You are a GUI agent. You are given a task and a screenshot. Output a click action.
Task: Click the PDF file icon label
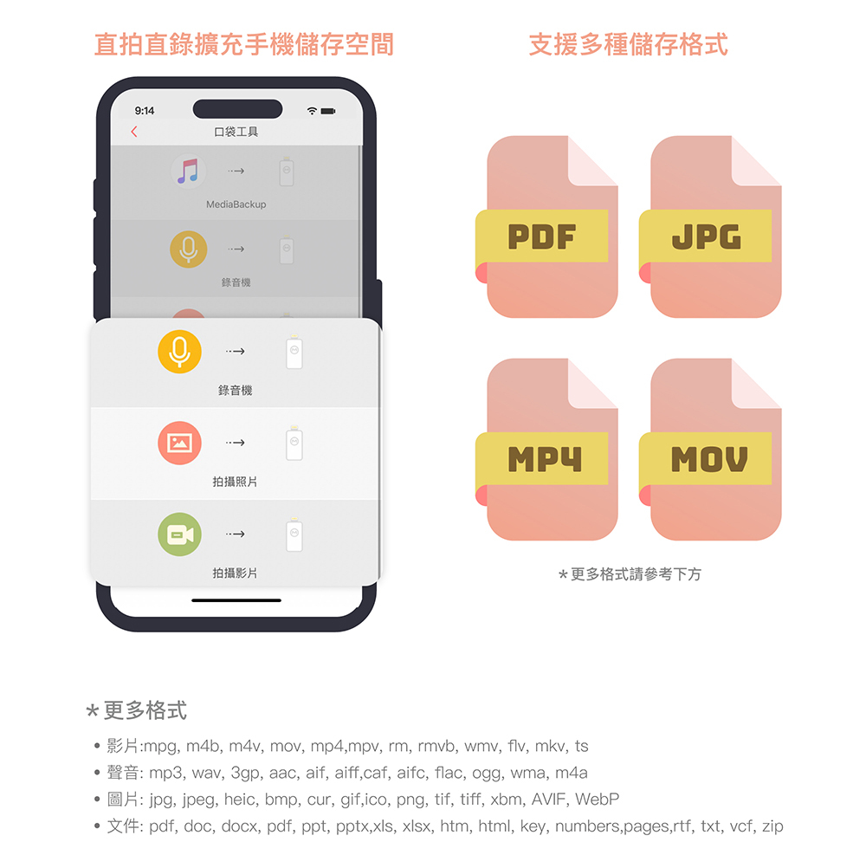542,236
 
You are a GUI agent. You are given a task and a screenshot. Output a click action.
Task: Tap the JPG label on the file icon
706,236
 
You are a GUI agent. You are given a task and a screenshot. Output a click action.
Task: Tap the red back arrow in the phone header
134,132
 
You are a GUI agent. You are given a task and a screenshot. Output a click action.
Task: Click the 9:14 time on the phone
145,111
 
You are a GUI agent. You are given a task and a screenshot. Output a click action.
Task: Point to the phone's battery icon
329,111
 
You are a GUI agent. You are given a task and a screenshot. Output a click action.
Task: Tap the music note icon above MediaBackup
188,171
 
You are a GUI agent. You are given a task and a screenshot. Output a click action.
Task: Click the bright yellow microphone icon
179,351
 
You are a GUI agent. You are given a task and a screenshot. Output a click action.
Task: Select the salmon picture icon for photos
179,443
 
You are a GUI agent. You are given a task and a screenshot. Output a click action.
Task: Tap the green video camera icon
179,534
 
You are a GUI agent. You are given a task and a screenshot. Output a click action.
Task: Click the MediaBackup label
236,204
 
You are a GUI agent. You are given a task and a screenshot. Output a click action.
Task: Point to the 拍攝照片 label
235,482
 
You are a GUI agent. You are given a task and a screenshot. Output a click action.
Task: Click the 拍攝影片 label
235,573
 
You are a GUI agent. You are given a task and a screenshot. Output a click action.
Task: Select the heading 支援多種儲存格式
628,44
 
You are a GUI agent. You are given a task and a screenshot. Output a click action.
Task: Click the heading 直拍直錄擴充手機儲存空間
243,44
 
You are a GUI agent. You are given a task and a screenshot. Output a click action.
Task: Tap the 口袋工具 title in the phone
236,132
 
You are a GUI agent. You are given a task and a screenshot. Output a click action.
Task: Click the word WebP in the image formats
598,799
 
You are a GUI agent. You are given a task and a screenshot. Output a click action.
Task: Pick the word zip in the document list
772,826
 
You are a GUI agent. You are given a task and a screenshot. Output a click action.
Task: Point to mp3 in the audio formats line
164,773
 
